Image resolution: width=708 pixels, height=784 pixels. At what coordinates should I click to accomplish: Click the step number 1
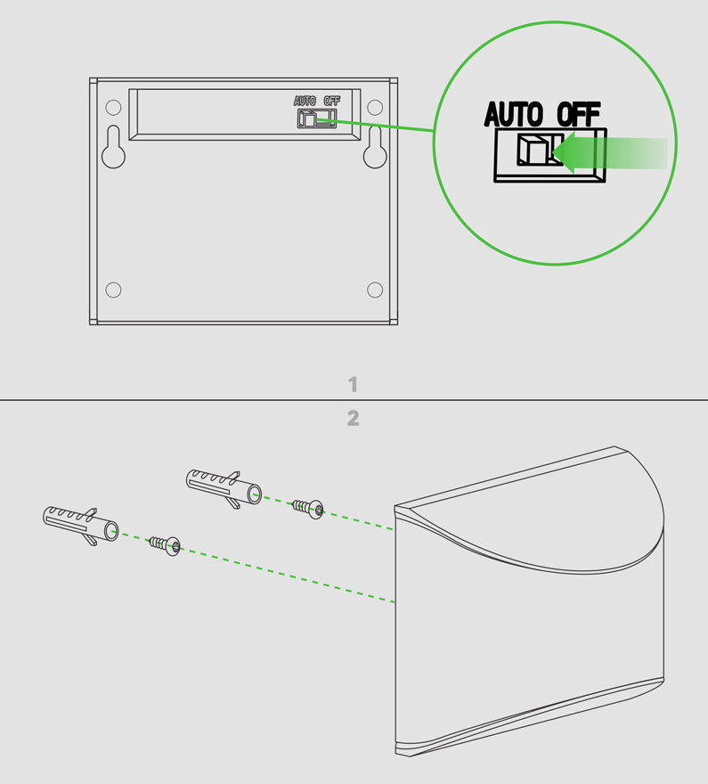coord(353,385)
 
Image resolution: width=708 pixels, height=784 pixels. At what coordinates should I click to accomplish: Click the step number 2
coord(354,419)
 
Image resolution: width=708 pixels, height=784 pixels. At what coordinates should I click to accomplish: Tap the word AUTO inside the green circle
coord(513,114)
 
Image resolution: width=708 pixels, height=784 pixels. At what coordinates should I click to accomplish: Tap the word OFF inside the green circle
coord(578,114)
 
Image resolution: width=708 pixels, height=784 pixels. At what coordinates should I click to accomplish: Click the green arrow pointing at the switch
coord(609,152)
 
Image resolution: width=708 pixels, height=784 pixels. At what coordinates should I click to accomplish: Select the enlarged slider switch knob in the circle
coord(533,149)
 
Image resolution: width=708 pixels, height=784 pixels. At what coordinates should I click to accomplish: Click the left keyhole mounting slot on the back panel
coord(113,146)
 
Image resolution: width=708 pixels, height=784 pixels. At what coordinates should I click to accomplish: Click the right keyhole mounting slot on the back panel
coord(375,146)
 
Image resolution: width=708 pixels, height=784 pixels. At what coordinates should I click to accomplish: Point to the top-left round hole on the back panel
coord(113,108)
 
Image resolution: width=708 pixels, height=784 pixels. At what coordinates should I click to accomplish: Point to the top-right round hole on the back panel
coord(375,108)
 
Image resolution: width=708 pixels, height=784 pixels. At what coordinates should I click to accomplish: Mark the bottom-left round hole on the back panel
coord(113,290)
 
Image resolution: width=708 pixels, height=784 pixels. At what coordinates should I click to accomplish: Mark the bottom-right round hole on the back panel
coord(375,290)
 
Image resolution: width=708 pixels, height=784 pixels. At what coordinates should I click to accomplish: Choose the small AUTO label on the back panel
coord(305,101)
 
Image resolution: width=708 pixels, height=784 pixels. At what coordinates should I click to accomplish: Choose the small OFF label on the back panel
coord(332,101)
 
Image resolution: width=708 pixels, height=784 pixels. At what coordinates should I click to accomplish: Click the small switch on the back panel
coord(317,118)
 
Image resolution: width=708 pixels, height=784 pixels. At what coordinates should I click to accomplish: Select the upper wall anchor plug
coord(224,488)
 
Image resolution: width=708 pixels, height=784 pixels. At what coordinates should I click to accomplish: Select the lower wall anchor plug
coord(80,525)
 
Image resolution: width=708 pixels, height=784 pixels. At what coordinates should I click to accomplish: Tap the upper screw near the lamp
coord(308,509)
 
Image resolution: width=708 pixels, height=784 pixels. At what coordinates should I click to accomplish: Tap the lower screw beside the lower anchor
coord(166,545)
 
